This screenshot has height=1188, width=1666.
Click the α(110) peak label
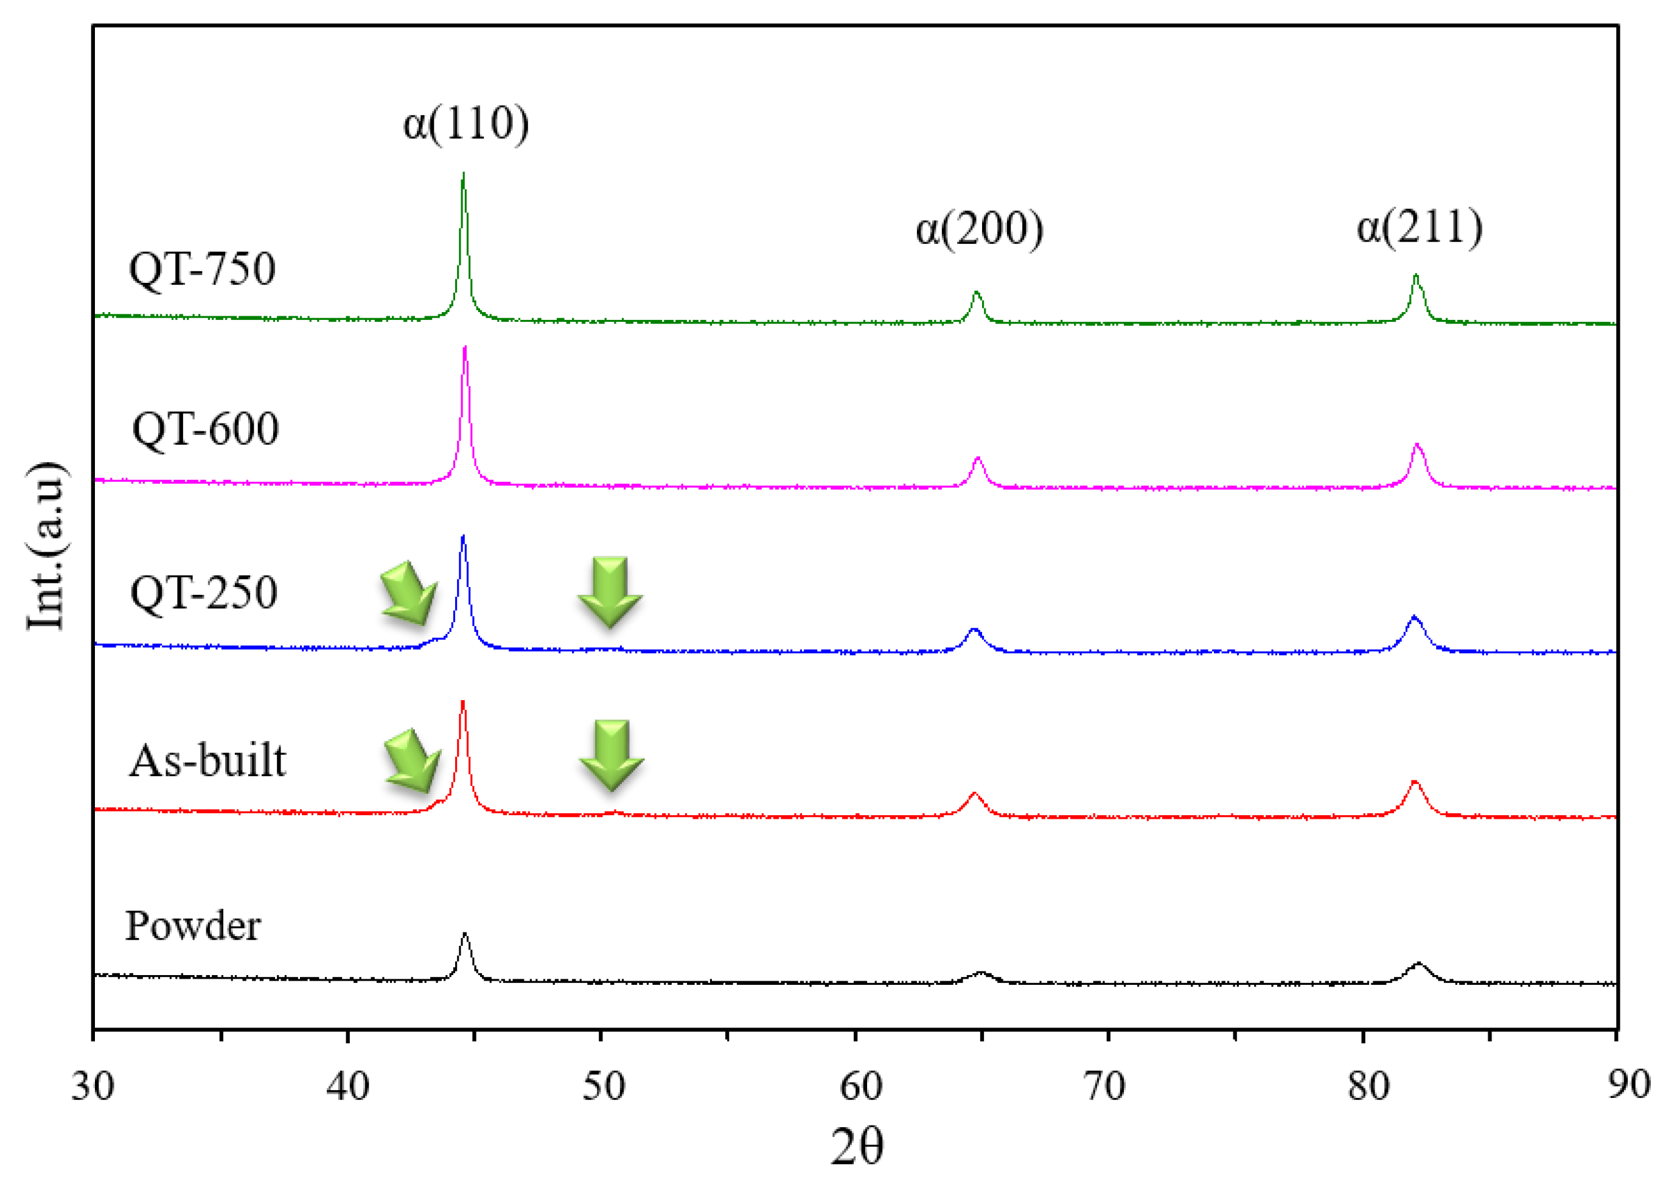coord(465,123)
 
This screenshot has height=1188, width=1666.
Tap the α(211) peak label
coord(1419,227)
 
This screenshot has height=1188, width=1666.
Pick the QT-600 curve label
coord(205,429)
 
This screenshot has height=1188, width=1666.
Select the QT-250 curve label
coord(203,592)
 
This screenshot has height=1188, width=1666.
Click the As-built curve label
coord(207,761)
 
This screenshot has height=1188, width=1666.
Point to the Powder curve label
coord(192,925)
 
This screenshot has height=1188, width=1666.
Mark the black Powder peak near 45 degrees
coord(465,936)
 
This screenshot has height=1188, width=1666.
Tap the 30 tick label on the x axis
coord(92,1086)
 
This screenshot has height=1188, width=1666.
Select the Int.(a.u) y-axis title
coord(46,545)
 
